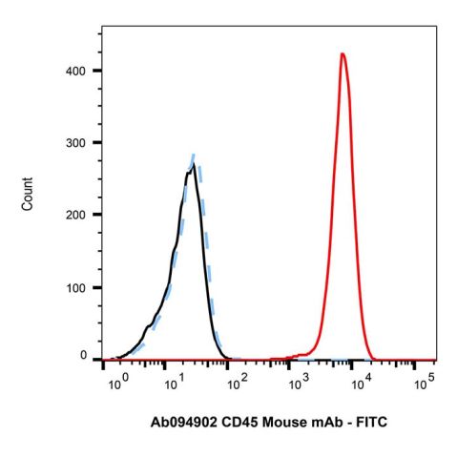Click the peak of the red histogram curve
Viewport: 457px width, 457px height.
pos(342,54)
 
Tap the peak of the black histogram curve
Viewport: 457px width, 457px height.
pos(193,165)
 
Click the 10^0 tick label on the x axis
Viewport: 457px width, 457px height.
pos(117,383)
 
